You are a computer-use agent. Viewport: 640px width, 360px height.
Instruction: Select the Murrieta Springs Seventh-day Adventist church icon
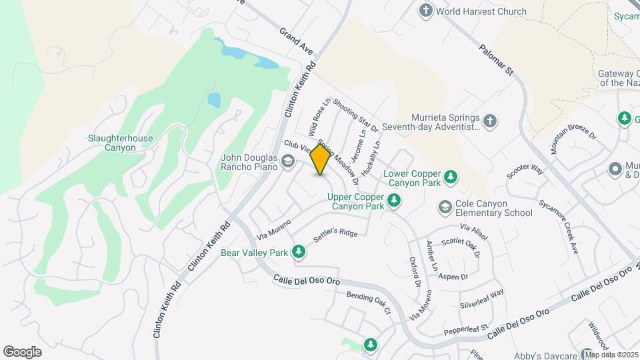[490, 121]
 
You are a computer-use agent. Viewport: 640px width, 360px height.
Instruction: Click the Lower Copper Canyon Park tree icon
[451, 177]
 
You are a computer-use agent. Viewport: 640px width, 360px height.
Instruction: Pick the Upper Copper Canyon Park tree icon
[395, 199]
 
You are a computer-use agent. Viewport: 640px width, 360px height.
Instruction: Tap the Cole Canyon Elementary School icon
[445, 207]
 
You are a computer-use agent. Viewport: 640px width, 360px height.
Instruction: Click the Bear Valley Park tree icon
[299, 251]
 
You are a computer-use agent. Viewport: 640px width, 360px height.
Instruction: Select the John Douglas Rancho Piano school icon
[288, 161]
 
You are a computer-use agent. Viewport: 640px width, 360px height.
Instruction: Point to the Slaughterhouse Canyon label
[120, 143]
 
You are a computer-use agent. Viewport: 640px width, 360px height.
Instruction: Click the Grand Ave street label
[296, 41]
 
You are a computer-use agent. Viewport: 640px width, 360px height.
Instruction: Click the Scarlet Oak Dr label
[459, 249]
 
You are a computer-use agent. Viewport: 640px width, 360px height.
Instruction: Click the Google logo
[22, 351]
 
